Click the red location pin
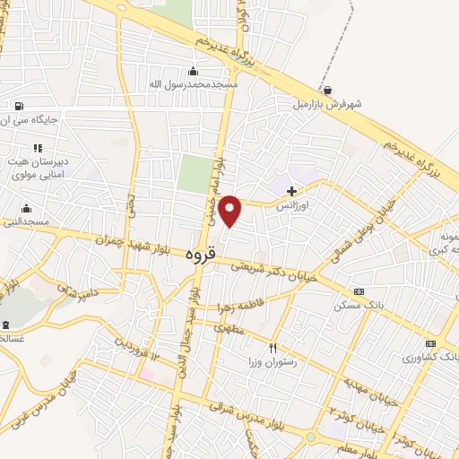(x=230, y=210)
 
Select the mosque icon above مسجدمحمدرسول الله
(x=193, y=72)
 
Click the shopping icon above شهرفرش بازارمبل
(x=329, y=91)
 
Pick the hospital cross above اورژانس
(x=291, y=191)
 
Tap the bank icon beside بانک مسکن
(x=359, y=291)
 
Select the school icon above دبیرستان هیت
(x=37, y=148)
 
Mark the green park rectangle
(x=193, y=173)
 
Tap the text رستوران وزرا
(x=273, y=363)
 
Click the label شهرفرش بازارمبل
(x=327, y=105)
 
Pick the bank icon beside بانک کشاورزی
(x=430, y=343)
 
